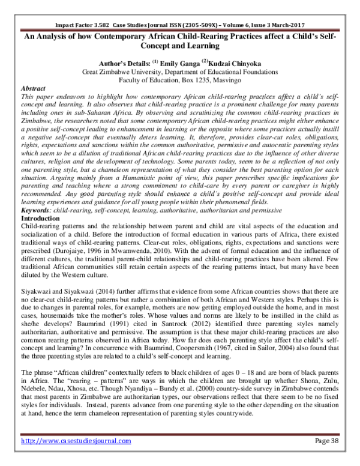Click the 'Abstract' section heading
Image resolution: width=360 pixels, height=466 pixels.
pos(34,87)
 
